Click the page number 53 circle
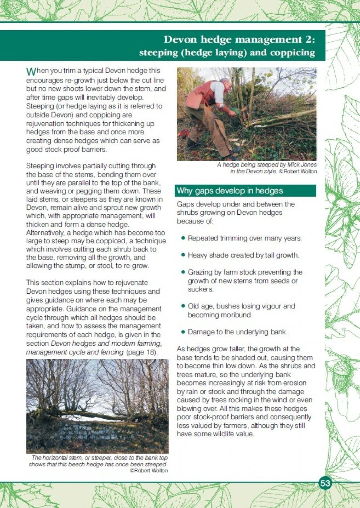(325, 483)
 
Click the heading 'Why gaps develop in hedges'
(230, 191)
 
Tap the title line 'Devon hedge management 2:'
(240, 40)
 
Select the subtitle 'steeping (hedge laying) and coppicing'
(227, 52)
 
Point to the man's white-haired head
(225, 83)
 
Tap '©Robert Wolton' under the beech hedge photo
(149, 470)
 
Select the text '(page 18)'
(143, 352)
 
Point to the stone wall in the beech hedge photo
(79, 430)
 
